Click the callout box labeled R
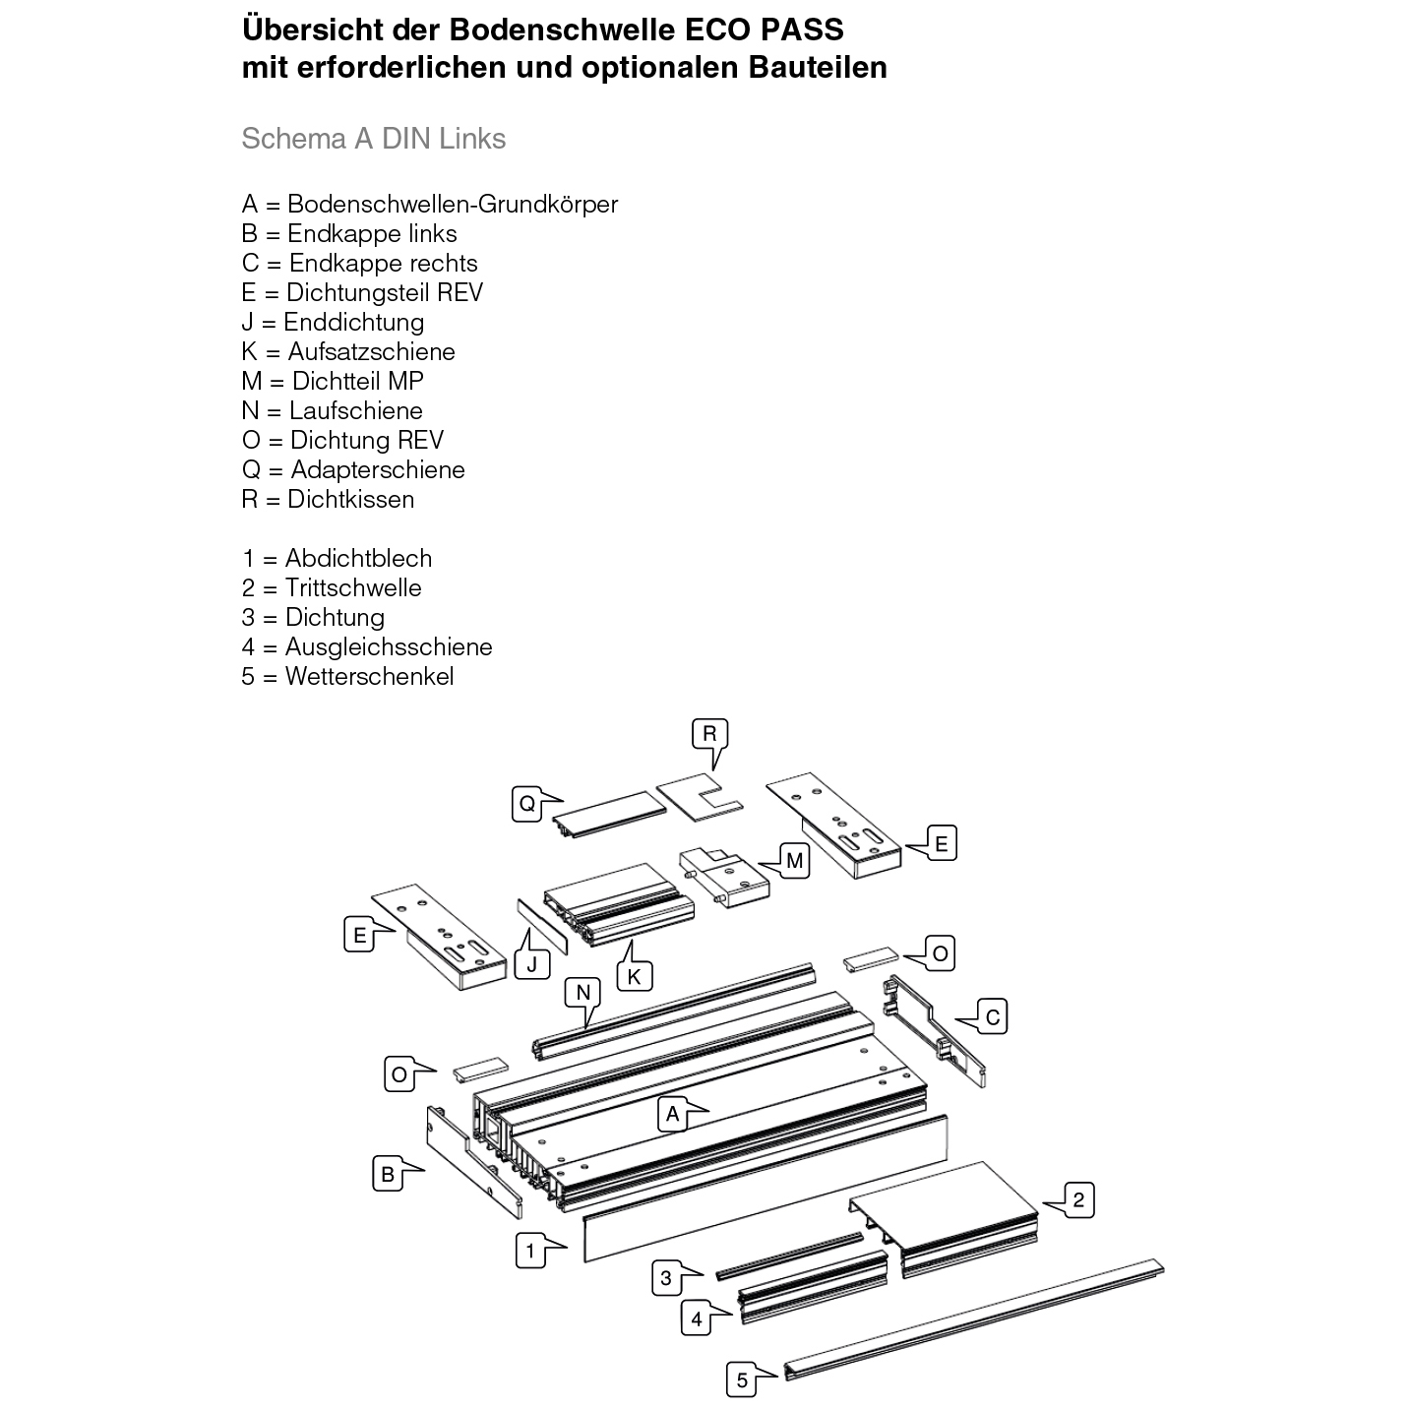click(x=708, y=734)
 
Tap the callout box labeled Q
click(x=527, y=804)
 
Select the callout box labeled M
click(x=794, y=861)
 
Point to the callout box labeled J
click(x=532, y=963)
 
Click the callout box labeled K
click(x=634, y=976)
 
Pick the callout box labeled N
click(x=582, y=993)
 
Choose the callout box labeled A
click(x=673, y=1114)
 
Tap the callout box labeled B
click(x=388, y=1174)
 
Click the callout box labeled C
click(x=992, y=1016)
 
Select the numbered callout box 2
click(x=1078, y=1199)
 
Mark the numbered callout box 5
click(x=742, y=1380)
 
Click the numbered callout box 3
click(x=666, y=1278)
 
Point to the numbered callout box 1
click(x=530, y=1251)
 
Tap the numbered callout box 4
click(x=697, y=1318)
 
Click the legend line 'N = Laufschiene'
click(x=332, y=410)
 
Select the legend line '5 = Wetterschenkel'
click(x=347, y=676)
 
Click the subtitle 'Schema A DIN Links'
click(x=373, y=139)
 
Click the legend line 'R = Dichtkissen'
click(x=328, y=499)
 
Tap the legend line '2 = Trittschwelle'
click(x=332, y=587)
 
